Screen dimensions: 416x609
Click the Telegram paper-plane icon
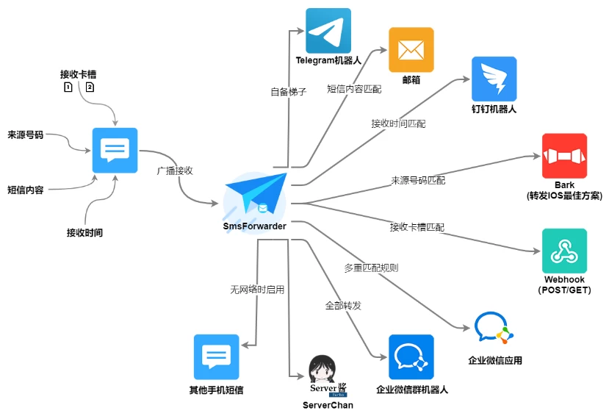pyautogui.click(x=328, y=31)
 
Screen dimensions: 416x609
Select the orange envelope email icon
pyautogui.click(x=411, y=50)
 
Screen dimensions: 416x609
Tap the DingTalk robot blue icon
pyautogui.click(x=494, y=79)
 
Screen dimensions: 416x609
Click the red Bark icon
pyautogui.click(x=564, y=156)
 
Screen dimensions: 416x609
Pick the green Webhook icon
pyautogui.click(x=564, y=251)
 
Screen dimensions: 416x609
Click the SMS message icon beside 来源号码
pyautogui.click(x=115, y=151)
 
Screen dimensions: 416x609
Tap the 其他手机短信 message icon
pyautogui.click(x=216, y=357)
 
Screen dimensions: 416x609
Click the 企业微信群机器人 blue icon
pyautogui.click(x=411, y=357)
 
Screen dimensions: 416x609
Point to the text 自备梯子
pyautogui.click(x=288, y=92)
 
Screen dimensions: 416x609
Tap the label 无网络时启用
pyautogui.click(x=257, y=290)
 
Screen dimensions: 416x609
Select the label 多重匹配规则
pyautogui.click(x=371, y=268)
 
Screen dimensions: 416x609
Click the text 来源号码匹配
pyautogui.click(x=417, y=180)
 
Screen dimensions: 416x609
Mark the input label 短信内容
pyautogui.click(x=26, y=190)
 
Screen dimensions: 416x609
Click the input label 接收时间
pyautogui.click(x=84, y=233)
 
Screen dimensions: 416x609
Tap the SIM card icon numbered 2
pyautogui.click(x=90, y=87)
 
